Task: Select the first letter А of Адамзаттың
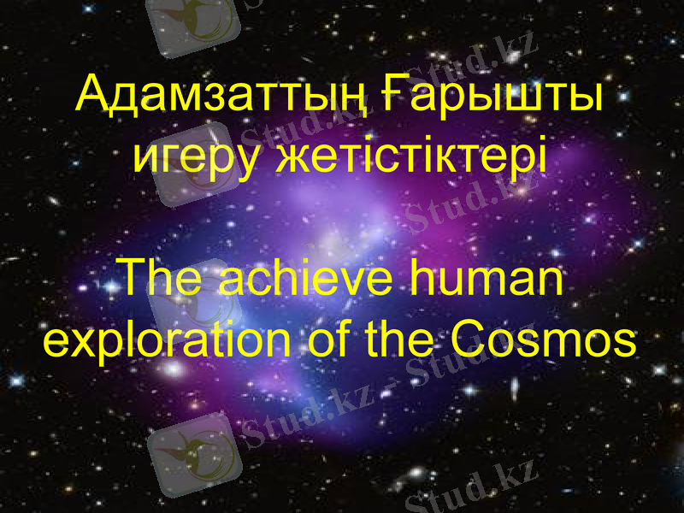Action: point(91,96)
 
